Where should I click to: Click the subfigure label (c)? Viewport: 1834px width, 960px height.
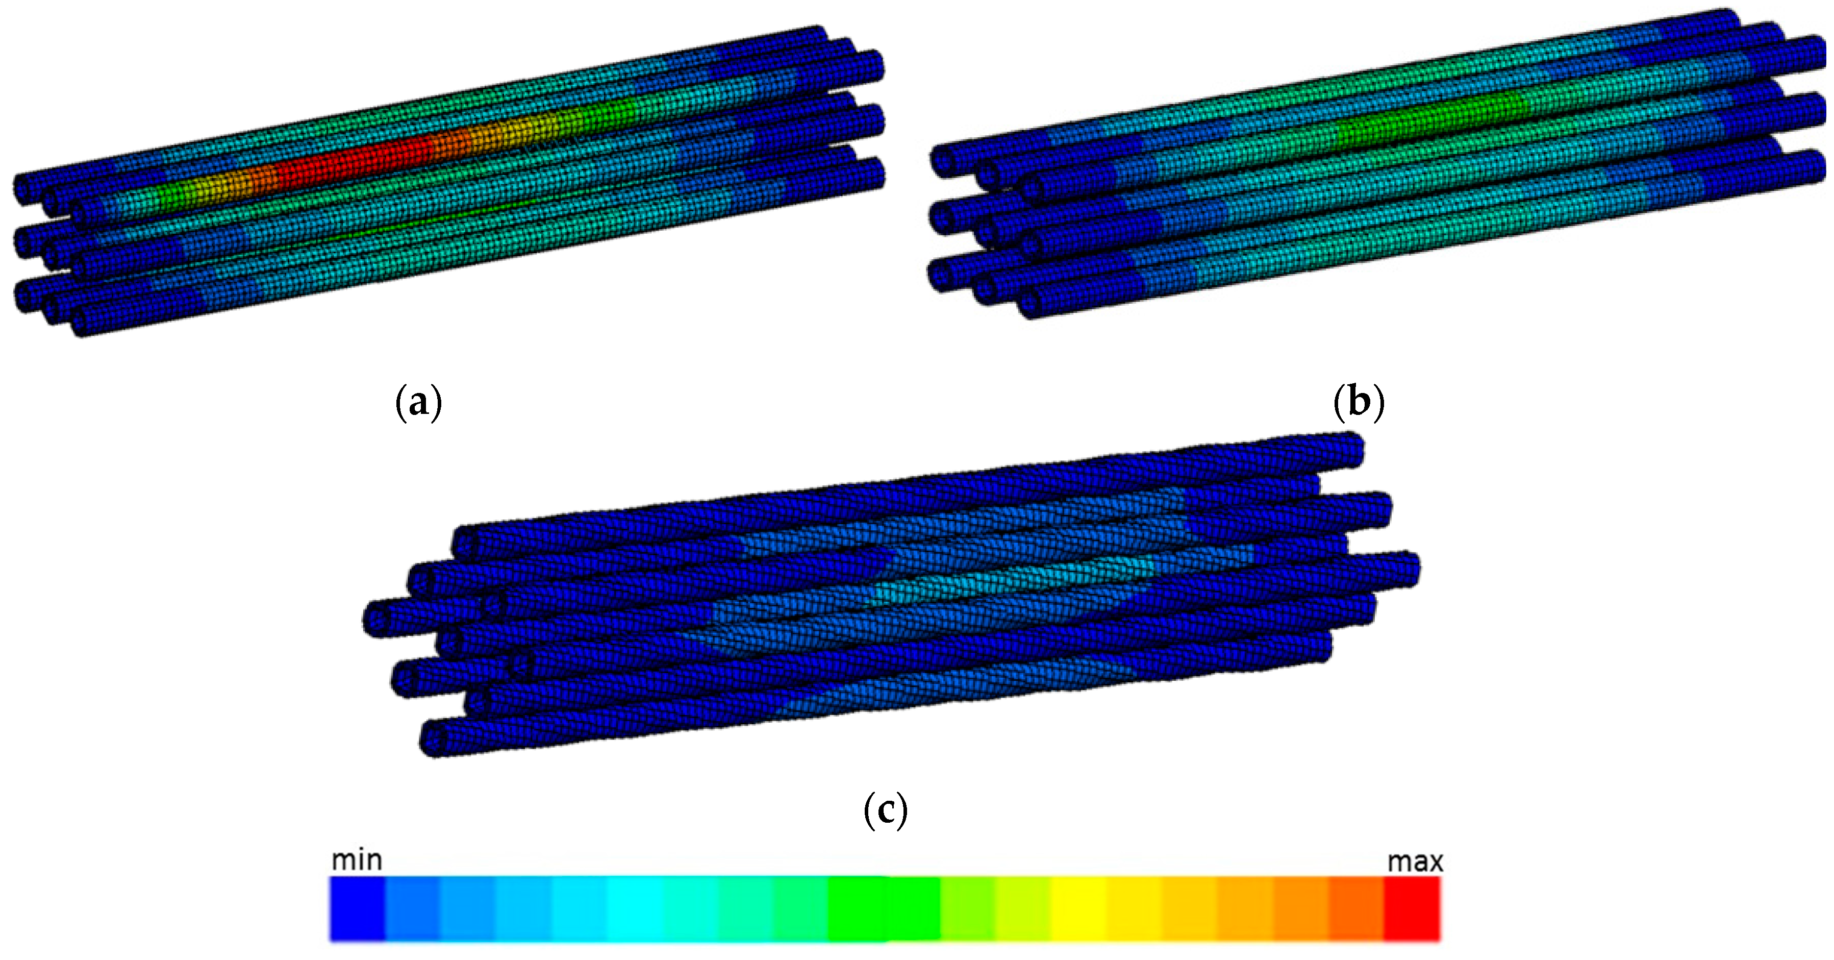885,810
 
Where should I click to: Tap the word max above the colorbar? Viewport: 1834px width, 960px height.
1415,861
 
